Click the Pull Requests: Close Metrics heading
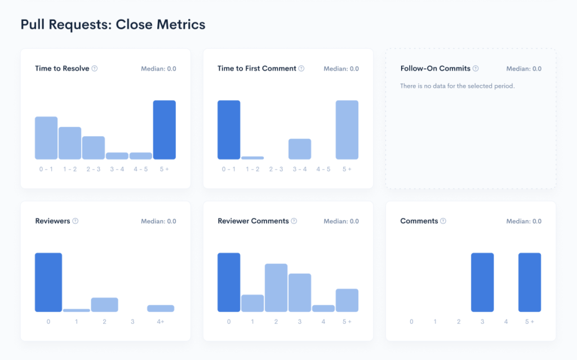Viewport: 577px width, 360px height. coord(113,25)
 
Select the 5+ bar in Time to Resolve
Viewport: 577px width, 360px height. coord(165,130)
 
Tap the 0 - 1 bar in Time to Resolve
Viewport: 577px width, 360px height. coord(46,138)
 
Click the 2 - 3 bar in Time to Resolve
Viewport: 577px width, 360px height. coord(94,148)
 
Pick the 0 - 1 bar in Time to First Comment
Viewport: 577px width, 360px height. coord(229,130)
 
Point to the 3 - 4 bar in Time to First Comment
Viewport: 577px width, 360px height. coord(300,149)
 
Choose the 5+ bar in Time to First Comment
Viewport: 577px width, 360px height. coord(347,130)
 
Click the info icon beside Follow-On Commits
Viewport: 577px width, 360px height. coord(476,69)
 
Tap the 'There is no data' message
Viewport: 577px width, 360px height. coord(457,86)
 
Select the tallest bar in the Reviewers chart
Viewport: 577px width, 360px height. coord(48,282)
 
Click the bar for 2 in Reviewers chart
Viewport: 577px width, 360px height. coord(104,305)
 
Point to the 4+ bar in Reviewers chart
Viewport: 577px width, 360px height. coord(161,308)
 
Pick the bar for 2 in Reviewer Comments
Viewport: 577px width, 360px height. coord(276,287)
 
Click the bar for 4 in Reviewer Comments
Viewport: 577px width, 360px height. coord(323,308)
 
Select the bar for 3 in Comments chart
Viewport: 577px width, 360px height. coord(482,282)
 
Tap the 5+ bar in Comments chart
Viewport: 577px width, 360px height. coord(530,282)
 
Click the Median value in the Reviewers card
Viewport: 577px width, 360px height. coord(158,221)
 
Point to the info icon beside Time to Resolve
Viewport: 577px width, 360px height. coord(95,69)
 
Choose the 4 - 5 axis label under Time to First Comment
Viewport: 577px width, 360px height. coord(323,169)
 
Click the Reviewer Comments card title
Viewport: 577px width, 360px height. coord(253,221)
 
